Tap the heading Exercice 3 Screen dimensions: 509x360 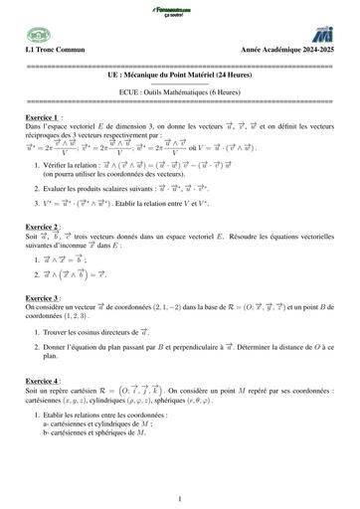[46, 296]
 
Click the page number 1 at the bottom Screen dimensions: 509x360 [180, 497]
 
